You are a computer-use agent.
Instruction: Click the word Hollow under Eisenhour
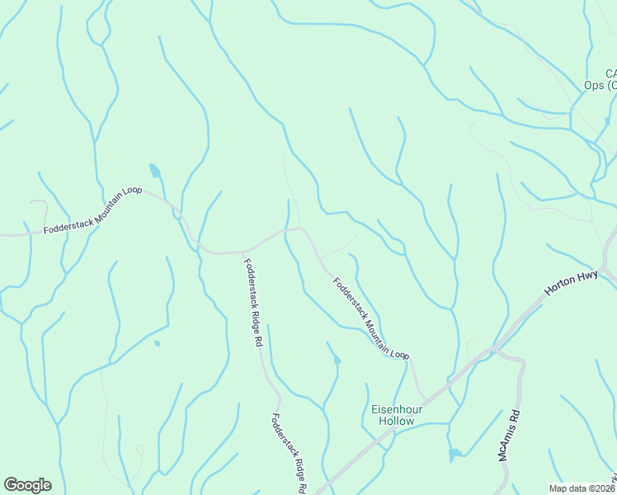[396, 421]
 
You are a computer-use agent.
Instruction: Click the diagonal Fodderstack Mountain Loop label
[370, 318]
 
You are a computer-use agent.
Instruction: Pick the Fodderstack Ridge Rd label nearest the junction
[253, 302]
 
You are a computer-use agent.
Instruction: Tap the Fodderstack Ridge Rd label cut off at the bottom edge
[288, 453]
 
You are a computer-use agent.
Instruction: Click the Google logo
[27, 485]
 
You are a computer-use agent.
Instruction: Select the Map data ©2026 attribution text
[582, 488]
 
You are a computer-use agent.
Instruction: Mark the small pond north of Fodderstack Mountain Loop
[154, 171]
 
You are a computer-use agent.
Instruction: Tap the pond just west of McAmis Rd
[455, 455]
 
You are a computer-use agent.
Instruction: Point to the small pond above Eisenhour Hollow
[336, 359]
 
